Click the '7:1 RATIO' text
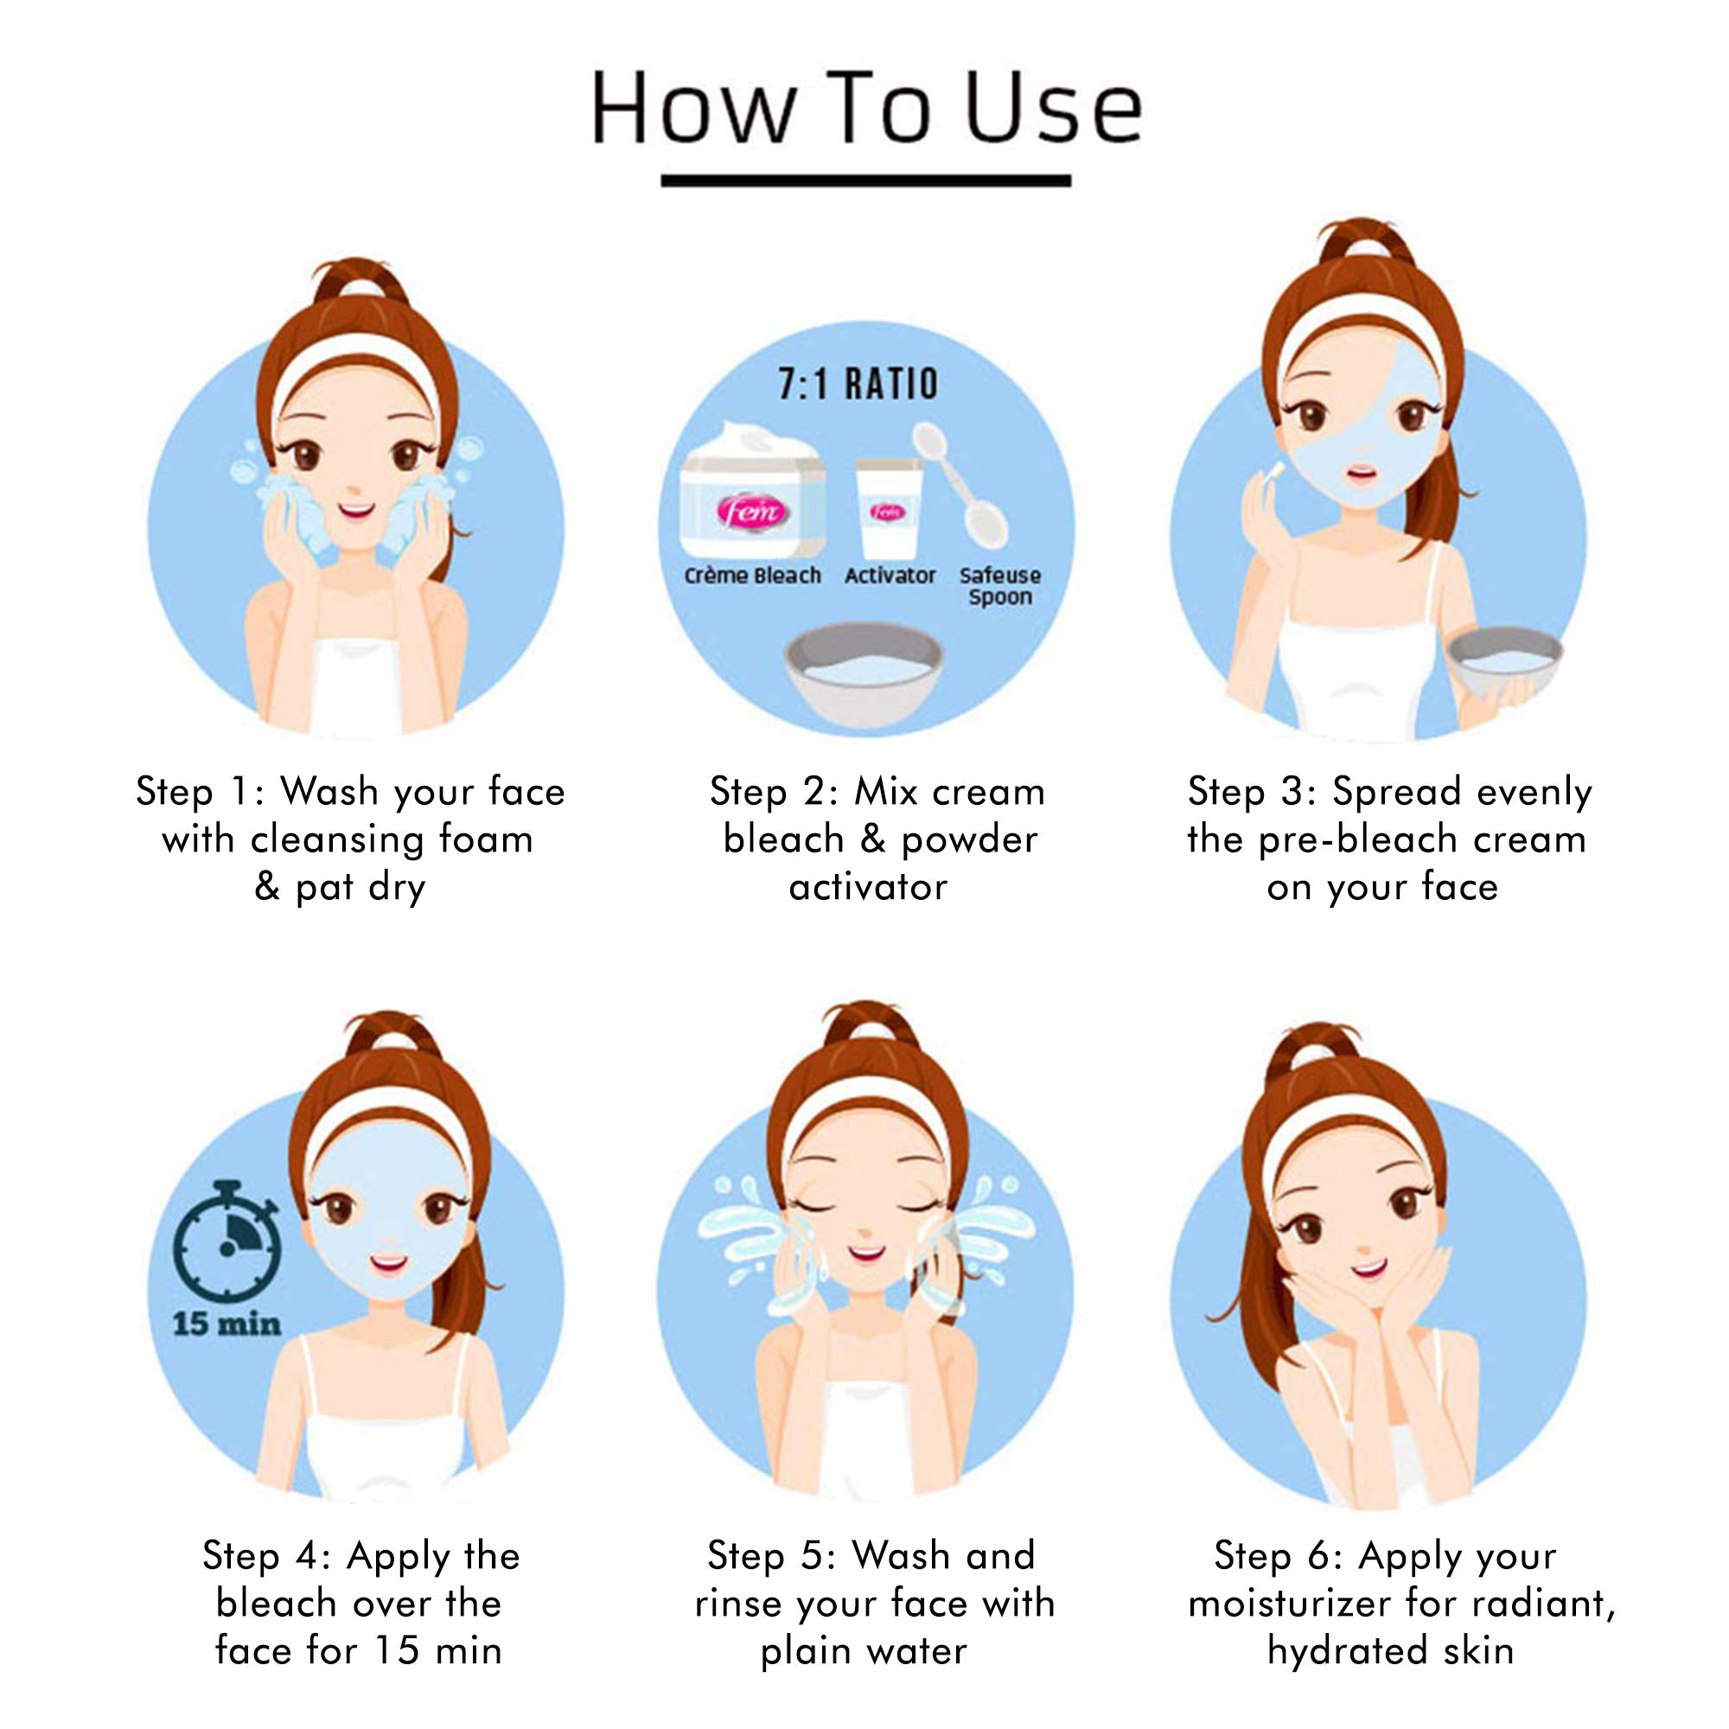tap(858, 384)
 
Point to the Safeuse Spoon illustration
tap(960, 484)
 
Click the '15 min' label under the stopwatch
tap(226, 1323)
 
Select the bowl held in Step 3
tap(1504, 662)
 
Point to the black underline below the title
tap(865, 181)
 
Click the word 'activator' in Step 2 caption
tap(867, 887)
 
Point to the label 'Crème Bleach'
tap(752, 576)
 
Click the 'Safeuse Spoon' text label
tap(999, 586)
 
